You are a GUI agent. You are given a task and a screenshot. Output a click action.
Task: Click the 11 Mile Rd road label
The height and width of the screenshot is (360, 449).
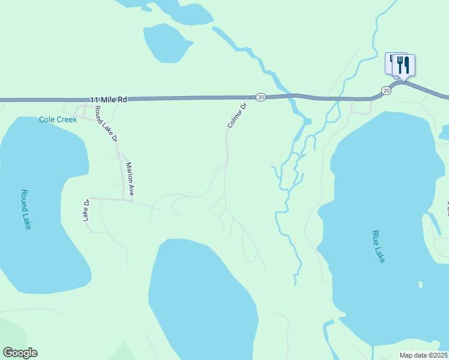point(109,100)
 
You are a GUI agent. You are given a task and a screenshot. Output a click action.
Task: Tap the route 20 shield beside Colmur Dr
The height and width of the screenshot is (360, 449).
point(261,97)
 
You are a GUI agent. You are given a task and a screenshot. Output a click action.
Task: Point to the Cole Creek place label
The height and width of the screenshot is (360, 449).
point(58,119)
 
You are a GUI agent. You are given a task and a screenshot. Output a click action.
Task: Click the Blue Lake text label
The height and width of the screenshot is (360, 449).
point(378,246)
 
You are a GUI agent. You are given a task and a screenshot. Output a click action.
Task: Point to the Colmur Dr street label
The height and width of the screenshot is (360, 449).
point(238,116)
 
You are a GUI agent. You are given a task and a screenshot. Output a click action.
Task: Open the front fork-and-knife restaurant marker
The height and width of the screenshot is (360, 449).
point(404,65)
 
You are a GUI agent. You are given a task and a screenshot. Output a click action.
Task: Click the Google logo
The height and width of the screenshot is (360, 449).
point(20,353)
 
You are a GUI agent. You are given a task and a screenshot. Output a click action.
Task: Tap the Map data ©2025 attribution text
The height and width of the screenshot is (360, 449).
point(423,355)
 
